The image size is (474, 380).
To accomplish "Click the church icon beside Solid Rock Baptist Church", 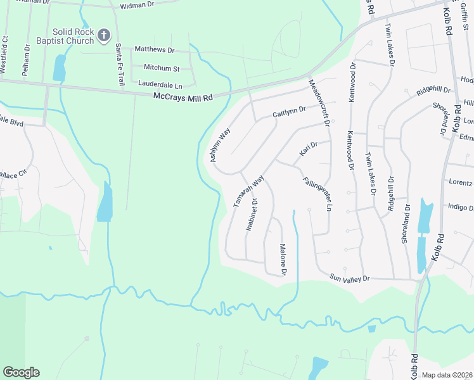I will [x=105, y=35].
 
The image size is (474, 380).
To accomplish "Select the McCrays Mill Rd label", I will [x=183, y=97].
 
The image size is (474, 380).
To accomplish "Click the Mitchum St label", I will [x=162, y=67].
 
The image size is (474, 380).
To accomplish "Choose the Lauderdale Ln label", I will [x=160, y=84].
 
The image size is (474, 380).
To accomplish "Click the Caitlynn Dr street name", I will [x=289, y=111].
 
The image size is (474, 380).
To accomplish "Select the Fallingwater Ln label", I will [x=317, y=194].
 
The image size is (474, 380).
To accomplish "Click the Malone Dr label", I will [x=283, y=260].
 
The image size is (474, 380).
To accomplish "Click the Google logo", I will [x=21, y=372].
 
